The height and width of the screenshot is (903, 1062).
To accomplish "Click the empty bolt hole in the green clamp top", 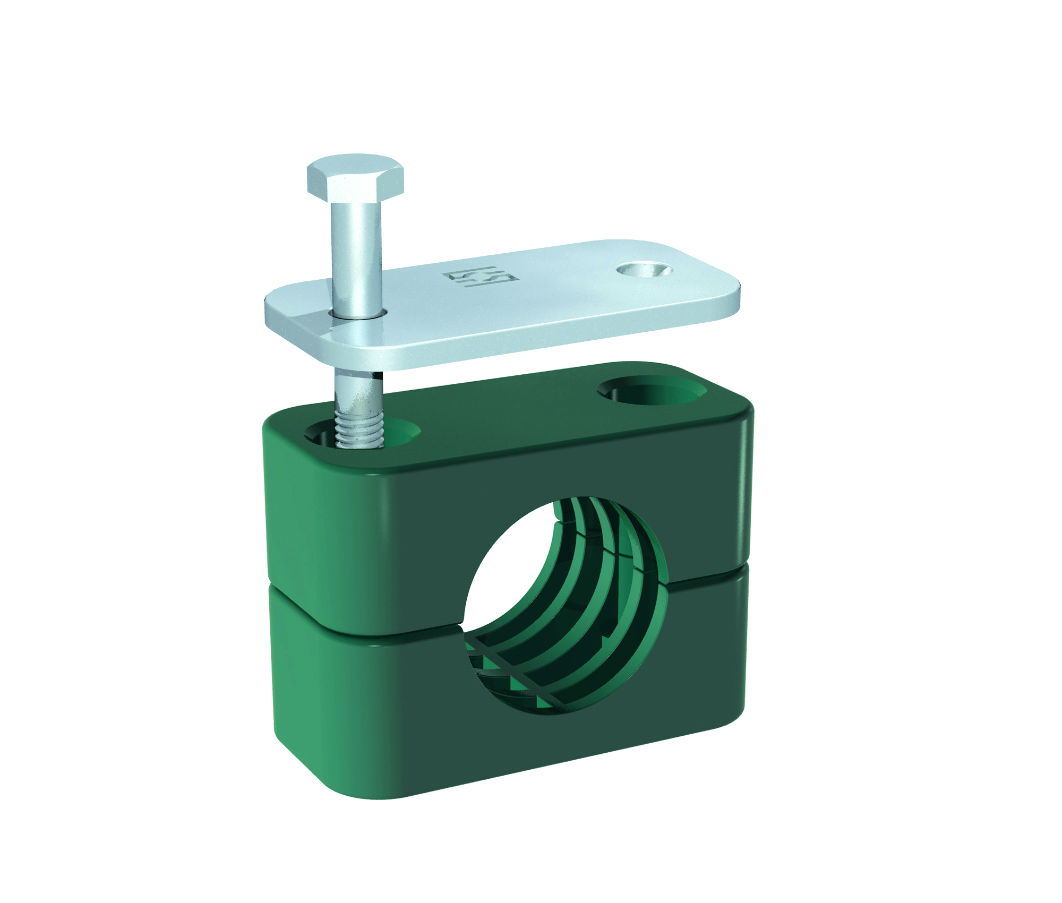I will [652, 393].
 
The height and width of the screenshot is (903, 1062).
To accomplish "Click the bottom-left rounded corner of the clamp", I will [297, 764].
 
